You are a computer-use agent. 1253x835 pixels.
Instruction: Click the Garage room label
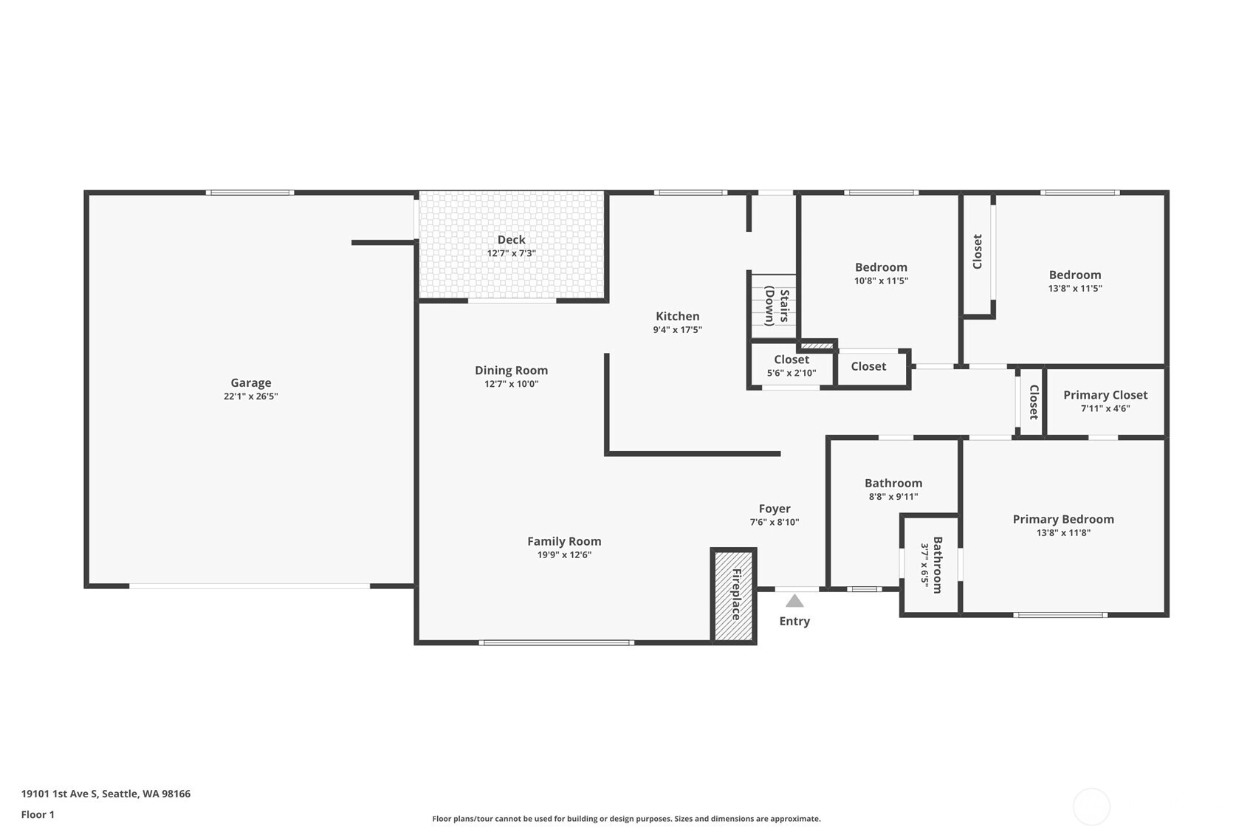pyautogui.click(x=250, y=382)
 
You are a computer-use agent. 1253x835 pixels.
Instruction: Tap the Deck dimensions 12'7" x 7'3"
pyautogui.click(x=511, y=253)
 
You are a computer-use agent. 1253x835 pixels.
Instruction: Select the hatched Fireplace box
pyautogui.click(x=733, y=594)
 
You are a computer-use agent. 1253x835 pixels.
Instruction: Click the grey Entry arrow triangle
pyautogui.click(x=794, y=601)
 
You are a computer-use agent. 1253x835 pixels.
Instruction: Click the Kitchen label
pyautogui.click(x=677, y=316)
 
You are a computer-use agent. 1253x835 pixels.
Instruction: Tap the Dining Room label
pyautogui.click(x=511, y=371)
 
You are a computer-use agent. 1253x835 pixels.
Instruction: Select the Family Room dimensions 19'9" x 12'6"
pyautogui.click(x=564, y=555)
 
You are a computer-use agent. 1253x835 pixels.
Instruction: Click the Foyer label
pyautogui.click(x=774, y=509)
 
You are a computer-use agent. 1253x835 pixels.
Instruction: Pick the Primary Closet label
pyautogui.click(x=1105, y=395)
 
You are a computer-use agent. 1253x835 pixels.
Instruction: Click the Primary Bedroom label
pyautogui.click(x=1063, y=519)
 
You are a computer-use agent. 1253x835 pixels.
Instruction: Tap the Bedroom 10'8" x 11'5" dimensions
pyautogui.click(x=881, y=281)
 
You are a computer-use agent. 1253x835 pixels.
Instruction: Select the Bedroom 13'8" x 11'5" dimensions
pyautogui.click(x=1074, y=289)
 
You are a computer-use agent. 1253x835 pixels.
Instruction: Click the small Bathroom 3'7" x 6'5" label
pyautogui.click(x=931, y=565)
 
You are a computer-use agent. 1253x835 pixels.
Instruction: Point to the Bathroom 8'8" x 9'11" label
pyautogui.click(x=893, y=484)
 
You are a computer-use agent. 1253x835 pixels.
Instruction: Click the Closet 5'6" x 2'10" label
pyautogui.click(x=791, y=360)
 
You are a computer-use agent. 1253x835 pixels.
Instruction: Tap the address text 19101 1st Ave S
pyautogui.click(x=106, y=794)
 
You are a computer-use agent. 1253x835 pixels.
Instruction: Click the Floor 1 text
pyautogui.click(x=38, y=814)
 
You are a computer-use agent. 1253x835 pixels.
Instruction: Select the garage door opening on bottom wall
pyautogui.click(x=250, y=586)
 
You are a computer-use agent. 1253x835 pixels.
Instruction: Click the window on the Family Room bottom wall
pyautogui.click(x=556, y=642)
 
